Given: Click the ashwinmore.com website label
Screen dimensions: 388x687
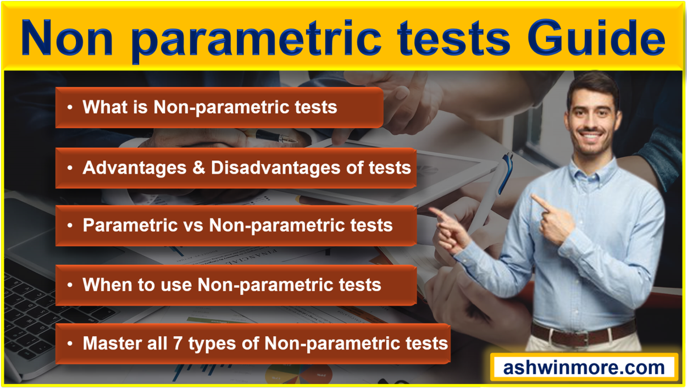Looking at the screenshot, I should [584, 367].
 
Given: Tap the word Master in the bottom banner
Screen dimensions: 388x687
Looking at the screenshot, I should [113, 343].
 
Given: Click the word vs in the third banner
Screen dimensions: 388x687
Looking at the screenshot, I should [195, 225].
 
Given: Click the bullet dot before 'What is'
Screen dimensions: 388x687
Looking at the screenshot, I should [70, 107].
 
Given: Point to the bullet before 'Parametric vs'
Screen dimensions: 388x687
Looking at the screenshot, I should [70, 225].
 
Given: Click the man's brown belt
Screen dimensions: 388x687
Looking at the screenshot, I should [583, 333].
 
